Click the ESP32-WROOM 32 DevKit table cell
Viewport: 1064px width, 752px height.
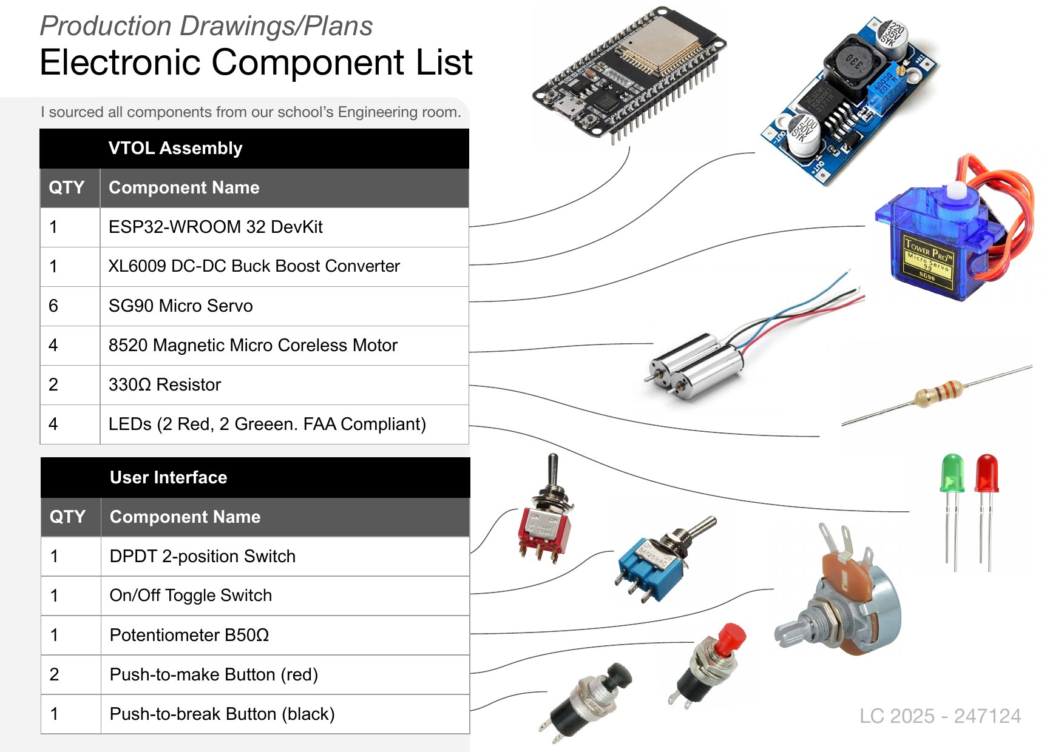[215, 227]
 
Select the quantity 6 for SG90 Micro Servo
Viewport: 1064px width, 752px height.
[53, 306]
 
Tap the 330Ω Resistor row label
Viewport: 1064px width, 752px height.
[164, 384]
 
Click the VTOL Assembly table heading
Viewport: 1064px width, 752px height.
[175, 148]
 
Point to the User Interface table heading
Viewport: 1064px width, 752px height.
[169, 477]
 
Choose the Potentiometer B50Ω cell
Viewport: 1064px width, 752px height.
[189, 635]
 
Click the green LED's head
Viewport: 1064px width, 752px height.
[952, 472]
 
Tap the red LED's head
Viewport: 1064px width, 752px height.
[987, 472]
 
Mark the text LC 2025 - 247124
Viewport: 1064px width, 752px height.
[940, 716]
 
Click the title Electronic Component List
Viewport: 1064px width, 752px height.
[256, 62]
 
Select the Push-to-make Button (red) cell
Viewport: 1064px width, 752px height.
[214, 674]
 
